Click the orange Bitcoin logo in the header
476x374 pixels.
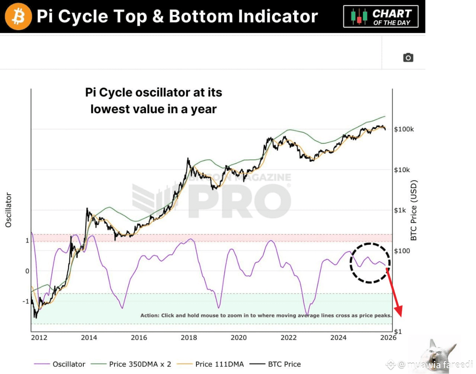(x=18, y=16)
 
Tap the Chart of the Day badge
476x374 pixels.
(x=381, y=17)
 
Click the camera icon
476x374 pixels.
(x=408, y=57)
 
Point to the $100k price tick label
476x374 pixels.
(x=404, y=129)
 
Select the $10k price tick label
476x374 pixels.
(x=402, y=170)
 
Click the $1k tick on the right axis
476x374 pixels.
(x=400, y=210)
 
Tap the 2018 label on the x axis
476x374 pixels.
(x=189, y=337)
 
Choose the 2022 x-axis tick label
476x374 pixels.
(x=289, y=337)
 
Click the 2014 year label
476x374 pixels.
(x=89, y=337)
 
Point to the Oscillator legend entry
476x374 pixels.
(x=69, y=364)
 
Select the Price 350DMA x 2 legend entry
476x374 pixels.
(x=140, y=364)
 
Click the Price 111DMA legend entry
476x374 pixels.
(x=219, y=364)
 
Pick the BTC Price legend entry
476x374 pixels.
(x=284, y=364)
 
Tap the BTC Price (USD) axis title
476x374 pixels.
(x=414, y=210)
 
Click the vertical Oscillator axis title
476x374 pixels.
(x=8, y=210)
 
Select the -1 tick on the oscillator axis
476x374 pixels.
(x=26, y=301)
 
